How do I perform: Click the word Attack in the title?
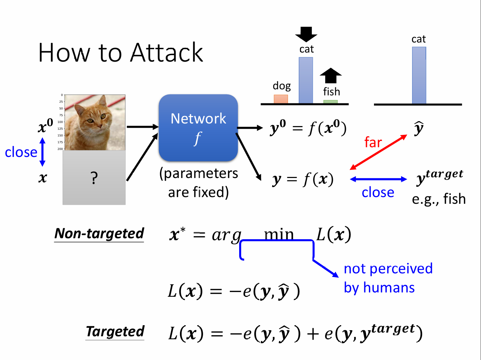pos(167,53)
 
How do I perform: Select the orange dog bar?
pos(281,99)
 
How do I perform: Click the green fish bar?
pos(330,102)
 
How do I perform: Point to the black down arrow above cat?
pos(306,34)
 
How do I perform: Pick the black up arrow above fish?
pos(330,75)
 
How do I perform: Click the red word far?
pos(373,143)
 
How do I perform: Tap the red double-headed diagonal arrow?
pos(378,152)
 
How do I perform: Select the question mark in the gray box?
pos(94,178)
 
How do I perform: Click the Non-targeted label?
pos(99,234)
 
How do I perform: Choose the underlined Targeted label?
pos(115,332)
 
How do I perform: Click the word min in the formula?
pos(279,234)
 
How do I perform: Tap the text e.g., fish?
pos(439,199)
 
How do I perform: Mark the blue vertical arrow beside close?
pos(42,152)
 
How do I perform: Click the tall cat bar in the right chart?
pos(419,75)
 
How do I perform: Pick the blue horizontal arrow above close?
pos(378,179)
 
